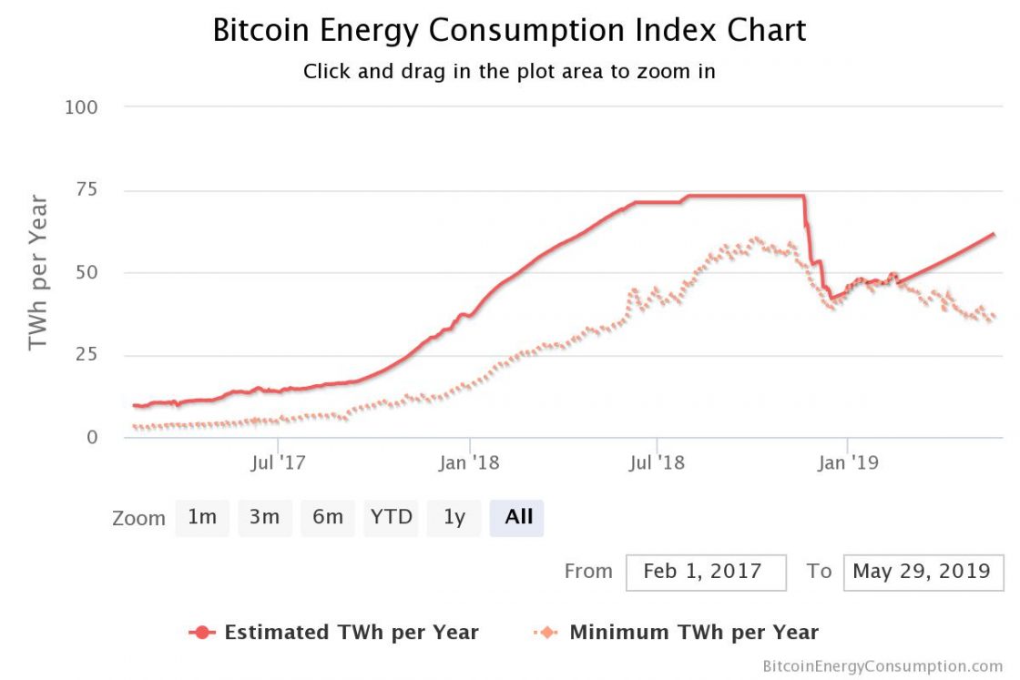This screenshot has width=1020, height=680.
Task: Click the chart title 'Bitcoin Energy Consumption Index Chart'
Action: [x=509, y=30]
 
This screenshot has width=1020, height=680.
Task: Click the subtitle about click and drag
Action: [x=509, y=71]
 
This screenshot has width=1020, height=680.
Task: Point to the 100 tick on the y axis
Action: [x=81, y=107]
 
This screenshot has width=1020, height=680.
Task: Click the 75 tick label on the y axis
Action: [x=86, y=189]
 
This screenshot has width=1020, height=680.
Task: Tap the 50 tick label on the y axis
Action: [x=86, y=272]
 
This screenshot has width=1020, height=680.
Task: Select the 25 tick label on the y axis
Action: [x=86, y=355]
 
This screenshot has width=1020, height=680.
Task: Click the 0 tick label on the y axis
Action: [x=91, y=438]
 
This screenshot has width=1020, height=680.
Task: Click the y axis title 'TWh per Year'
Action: [x=37, y=272]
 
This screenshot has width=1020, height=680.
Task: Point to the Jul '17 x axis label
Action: [x=278, y=463]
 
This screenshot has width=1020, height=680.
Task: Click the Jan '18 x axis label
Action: [x=469, y=463]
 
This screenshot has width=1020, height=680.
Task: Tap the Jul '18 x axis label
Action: [x=657, y=463]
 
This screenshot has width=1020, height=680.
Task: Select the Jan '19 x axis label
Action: [x=848, y=463]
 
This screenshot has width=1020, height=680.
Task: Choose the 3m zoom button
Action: [x=264, y=518]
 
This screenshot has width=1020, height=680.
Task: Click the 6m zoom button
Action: [x=328, y=518]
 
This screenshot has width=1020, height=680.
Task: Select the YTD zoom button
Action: [x=391, y=518]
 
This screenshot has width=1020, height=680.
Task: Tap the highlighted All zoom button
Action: [x=517, y=518]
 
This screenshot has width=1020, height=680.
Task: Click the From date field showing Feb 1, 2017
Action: [x=706, y=572]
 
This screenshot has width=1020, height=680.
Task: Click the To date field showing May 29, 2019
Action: [x=923, y=572]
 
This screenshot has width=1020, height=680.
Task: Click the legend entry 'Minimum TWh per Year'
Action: [x=692, y=632]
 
